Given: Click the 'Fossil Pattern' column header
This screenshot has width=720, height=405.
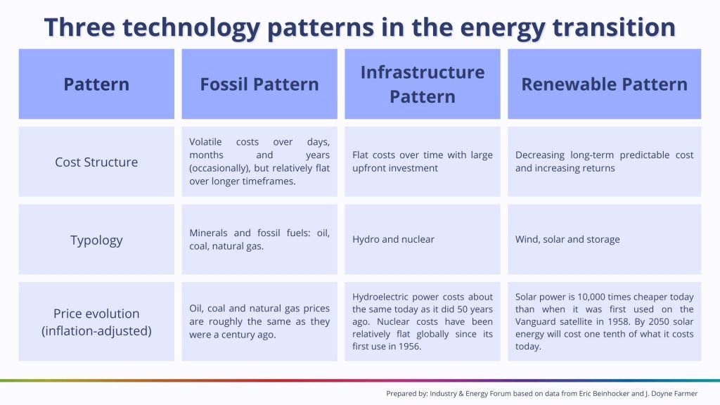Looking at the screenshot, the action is (x=259, y=84).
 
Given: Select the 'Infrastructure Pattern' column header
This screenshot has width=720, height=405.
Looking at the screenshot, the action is (x=423, y=84).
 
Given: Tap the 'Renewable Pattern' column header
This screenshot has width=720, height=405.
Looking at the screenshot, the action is (x=604, y=84).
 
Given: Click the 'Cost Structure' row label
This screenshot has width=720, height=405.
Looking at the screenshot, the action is (x=96, y=162).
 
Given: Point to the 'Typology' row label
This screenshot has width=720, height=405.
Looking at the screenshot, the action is (x=96, y=240).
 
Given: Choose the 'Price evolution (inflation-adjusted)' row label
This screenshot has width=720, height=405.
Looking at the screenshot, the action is (x=96, y=321).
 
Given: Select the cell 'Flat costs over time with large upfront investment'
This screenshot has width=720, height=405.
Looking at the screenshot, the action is (x=423, y=162).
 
